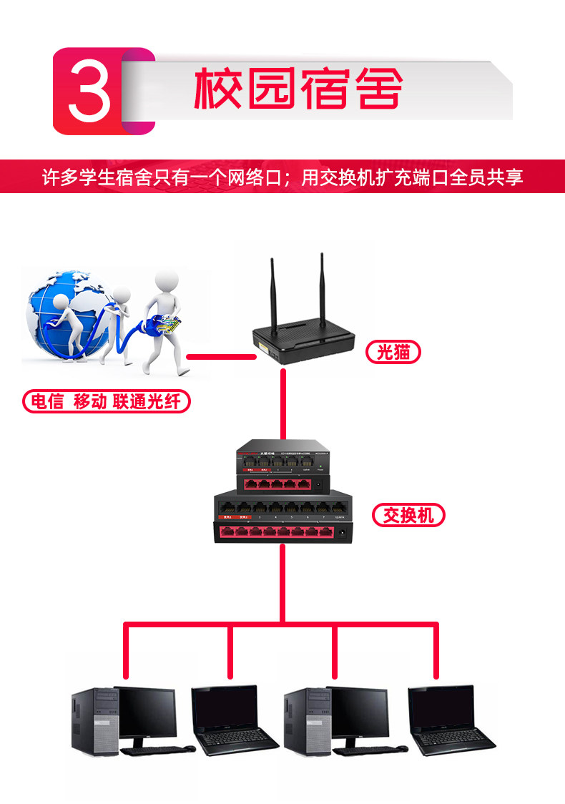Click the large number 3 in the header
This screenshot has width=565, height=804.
click(89, 91)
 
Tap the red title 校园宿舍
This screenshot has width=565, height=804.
click(298, 89)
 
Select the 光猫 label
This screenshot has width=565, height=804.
click(392, 351)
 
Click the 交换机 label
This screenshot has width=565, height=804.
click(408, 515)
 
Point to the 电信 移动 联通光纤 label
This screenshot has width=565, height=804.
click(106, 401)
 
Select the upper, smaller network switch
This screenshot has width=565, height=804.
click(282, 469)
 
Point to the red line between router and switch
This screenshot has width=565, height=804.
click(283, 404)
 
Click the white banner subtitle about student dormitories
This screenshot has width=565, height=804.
click(282, 177)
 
